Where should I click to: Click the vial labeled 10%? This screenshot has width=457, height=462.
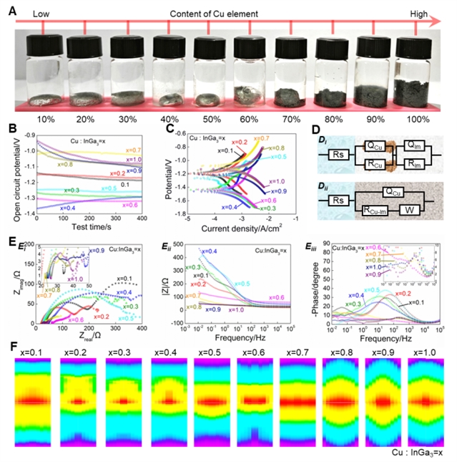point(44,72)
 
